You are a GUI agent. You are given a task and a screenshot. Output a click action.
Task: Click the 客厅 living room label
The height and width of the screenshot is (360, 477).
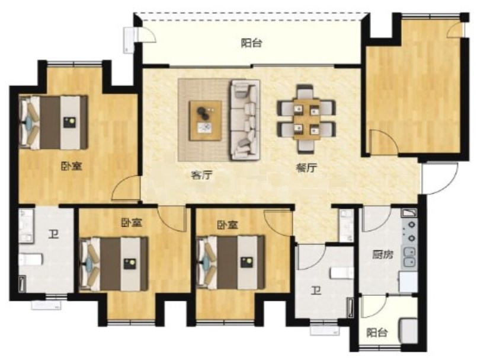coord(201,176)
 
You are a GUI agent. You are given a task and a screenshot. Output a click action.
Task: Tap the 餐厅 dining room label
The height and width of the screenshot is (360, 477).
coord(307,168)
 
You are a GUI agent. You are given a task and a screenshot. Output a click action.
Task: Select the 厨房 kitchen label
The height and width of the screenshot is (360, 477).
coord(383,254)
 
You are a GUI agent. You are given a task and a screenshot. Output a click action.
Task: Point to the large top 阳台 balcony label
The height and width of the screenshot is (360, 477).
coord(252,43)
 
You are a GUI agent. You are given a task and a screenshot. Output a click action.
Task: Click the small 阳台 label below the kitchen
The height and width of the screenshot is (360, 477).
coord(377,333)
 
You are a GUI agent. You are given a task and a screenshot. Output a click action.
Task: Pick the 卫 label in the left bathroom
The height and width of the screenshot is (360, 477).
coord(53,234)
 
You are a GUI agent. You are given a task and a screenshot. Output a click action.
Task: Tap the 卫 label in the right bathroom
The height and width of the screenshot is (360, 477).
coord(316,291)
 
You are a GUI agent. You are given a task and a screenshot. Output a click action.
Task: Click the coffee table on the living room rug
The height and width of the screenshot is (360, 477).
coord(206,120)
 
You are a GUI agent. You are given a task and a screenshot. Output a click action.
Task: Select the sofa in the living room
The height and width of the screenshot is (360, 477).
coord(245,120)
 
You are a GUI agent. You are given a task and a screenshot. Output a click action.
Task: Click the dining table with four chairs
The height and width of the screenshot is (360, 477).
coord(307,119)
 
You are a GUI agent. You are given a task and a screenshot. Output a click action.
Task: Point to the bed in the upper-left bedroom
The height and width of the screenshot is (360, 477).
coord(53,122)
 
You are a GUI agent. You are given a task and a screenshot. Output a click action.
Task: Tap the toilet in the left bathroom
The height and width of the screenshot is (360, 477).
coord(31,260)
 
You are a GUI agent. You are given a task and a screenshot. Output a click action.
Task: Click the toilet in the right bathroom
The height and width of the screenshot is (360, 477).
coord(342,273)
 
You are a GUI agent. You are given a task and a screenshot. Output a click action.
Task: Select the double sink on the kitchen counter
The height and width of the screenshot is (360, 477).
coord(409,257)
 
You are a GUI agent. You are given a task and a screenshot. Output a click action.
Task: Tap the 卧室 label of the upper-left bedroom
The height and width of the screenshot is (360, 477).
coord(72,166)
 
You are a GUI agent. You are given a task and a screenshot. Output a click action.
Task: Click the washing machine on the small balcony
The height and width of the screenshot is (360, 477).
coord(408,331)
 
